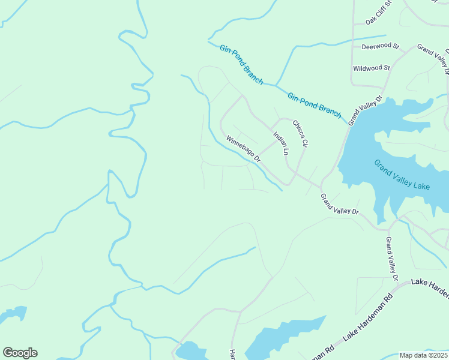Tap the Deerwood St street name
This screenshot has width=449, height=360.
pyautogui.click(x=380, y=46)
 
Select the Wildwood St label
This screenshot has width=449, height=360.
pyautogui.click(x=372, y=68)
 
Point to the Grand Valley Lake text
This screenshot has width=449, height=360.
pyautogui.click(x=402, y=175)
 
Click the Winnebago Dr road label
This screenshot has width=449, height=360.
pyautogui.click(x=243, y=149)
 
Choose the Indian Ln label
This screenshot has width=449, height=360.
pyautogui.click(x=281, y=144)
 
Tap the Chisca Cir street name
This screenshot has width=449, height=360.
pyautogui.click(x=300, y=134)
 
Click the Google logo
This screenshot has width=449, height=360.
pyautogui.click(x=20, y=353)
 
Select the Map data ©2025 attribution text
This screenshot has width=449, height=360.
pyautogui.click(x=423, y=355)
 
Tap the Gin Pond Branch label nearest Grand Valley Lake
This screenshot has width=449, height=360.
pyautogui.click(x=314, y=105)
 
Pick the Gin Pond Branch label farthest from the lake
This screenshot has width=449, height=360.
pyautogui.click(x=241, y=65)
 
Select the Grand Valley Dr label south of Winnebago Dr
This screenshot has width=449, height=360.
pyautogui.click(x=339, y=204)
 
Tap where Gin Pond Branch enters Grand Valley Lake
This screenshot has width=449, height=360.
pyautogui.click(x=348, y=124)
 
